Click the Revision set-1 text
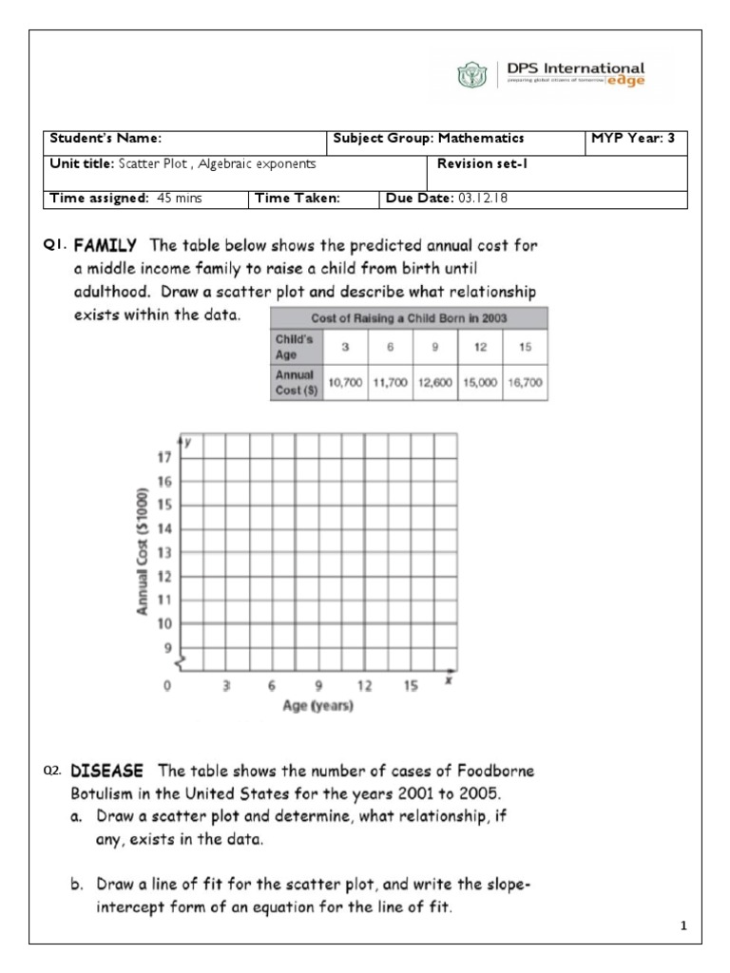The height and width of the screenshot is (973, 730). (x=475, y=163)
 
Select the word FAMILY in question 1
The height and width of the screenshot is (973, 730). (x=106, y=245)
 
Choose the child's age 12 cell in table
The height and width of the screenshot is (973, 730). (x=479, y=347)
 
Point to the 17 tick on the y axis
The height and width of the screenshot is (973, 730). (x=163, y=457)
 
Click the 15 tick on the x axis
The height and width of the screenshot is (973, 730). (x=411, y=685)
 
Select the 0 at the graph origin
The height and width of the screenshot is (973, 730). (x=168, y=685)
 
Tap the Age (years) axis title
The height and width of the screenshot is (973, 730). (x=317, y=706)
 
